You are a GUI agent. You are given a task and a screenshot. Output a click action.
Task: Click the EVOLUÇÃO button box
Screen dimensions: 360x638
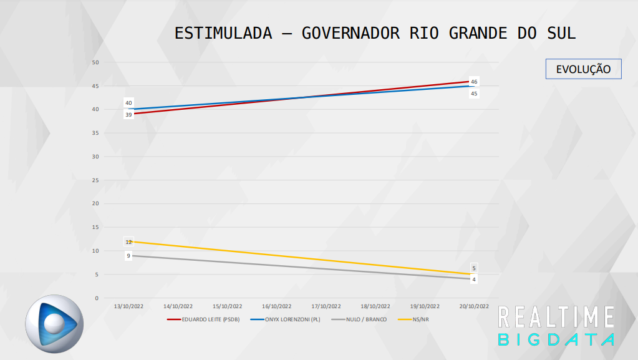(x=583, y=69)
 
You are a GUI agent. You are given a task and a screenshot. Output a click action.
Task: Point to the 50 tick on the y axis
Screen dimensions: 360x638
(x=95, y=62)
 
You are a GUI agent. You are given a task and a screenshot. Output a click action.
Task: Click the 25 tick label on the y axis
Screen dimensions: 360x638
(x=95, y=180)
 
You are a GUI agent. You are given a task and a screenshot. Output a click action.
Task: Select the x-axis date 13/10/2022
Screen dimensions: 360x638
(x=128, y=306)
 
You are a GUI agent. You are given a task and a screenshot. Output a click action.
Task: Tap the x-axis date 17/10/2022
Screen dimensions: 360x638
(x=326, y=306)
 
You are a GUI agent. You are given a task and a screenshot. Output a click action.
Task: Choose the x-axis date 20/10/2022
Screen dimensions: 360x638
(x=474, y=306)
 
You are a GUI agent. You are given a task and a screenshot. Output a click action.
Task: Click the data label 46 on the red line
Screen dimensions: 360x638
(x=474, y=82)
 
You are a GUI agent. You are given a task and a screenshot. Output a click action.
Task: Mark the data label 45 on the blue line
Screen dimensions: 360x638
(x=474, y=94)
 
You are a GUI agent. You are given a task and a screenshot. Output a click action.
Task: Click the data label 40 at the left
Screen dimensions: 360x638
(x=128, y=103)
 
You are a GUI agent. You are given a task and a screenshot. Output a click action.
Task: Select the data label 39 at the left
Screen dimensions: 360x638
(x=128, y=114)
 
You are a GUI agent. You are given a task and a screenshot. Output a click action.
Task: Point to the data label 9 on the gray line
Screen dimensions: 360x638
(x=128, y=256)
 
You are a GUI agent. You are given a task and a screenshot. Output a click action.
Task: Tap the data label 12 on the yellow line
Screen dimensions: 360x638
(x=128, y=242)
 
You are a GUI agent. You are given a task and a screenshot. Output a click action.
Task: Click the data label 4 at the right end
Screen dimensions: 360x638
(x=474, y=280)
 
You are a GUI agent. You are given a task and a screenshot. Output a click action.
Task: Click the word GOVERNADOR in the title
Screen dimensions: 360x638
(x=351, y=33)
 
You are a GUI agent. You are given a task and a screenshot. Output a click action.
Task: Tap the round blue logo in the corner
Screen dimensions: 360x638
(x=54, y=323)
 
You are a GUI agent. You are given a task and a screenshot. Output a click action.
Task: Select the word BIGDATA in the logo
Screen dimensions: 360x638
(x=556, y=339)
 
